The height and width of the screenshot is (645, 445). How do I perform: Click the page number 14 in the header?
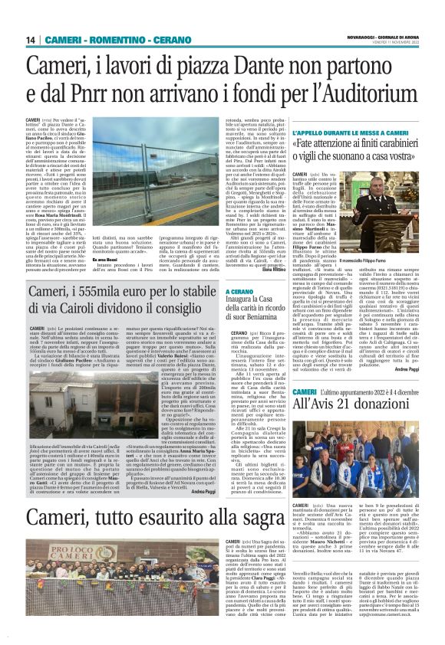coord(32,40)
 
